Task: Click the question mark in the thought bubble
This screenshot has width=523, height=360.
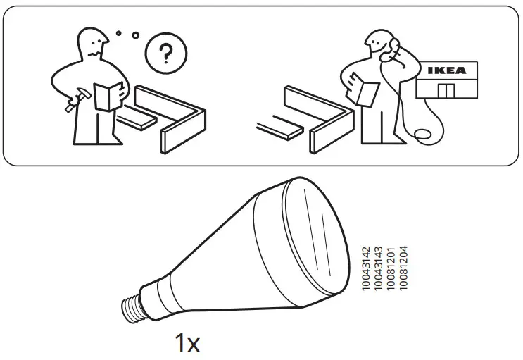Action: (165, 53)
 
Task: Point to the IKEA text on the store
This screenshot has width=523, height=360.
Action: (446, 70)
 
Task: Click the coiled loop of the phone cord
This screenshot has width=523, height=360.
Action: (424, 133)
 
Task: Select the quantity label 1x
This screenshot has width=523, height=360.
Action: (187, 344)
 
